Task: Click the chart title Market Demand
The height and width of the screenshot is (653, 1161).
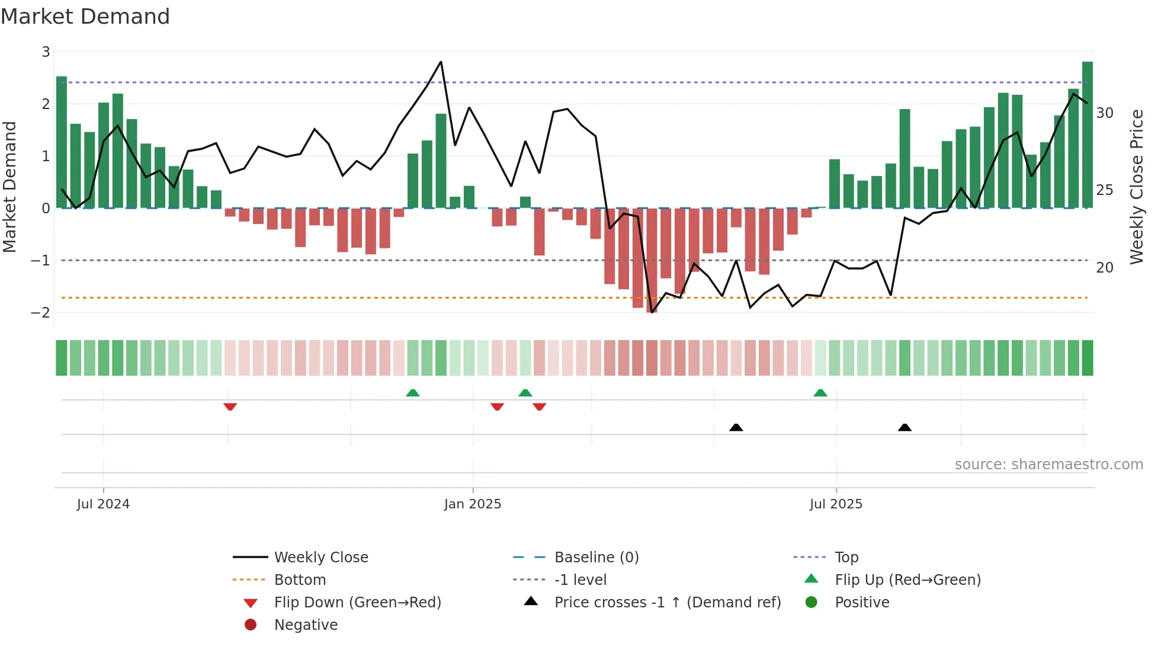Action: tap(85, 16)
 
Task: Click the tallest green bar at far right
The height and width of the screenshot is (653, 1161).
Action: tap(1087, 135)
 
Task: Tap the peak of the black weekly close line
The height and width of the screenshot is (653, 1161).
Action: tap(441, 62)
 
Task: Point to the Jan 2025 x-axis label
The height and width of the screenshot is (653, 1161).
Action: tap(473, 504)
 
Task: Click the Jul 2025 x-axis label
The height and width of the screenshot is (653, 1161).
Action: tap(836, 504)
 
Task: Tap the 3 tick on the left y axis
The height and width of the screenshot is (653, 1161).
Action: tap(46, 52)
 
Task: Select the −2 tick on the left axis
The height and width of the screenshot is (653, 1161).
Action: tap(41, 312)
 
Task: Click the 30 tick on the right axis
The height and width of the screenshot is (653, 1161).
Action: tap(1105, 113)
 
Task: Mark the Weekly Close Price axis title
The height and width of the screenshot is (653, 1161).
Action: tap(1136, 187)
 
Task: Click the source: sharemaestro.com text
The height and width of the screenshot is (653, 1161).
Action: tap(1048, 465)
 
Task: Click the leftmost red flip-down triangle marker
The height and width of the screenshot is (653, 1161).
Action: tap(230, 406)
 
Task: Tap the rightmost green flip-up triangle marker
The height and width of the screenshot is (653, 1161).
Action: tap(820, 393)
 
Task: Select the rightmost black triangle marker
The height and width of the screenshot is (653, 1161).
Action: tap(905, 427)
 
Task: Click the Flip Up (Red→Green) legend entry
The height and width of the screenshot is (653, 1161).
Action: tap(907, 580)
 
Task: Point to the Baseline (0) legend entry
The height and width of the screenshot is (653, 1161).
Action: tap(596, 558)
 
